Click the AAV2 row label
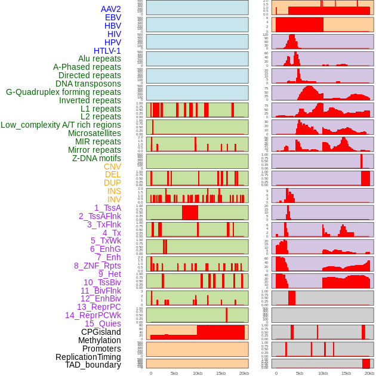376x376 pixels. pyautogui.click(x=111, y=9)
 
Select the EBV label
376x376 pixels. pyautogui.click(x=113, y=17)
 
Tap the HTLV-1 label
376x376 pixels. pyautogui.click(x=107, y=51)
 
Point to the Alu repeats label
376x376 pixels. pyautogui.click(x=100, y=59)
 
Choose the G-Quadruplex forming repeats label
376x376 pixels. pyautogui.click(x=63, y=93)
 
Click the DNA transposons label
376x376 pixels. pyautogui.click(x=88, y=84)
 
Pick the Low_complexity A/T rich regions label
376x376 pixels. pyautogui.click(x=61, y=125)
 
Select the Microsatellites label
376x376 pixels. pyautogui.click(x=94, y=134)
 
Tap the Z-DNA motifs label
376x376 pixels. pyautogui.click(x=97, y=158)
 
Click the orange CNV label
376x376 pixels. pyautogui.click(x=112, y=167)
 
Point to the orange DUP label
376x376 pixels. pyautogui.click(x=112, y=183)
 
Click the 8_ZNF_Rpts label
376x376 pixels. pyautogui.click(x=97, y=266)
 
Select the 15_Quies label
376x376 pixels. pyautogui.click(x=103, y=323)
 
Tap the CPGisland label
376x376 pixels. pyautogui.click(x=101, y=332)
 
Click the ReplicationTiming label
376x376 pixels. pyautogui.click(x=88, y=357)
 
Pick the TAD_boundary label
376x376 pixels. pyautogui.click(x=93, y=365)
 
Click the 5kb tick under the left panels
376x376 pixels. pyautogui.click(x=174, y=374)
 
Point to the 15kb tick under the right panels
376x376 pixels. pyautogui.click(x=346, y=374)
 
